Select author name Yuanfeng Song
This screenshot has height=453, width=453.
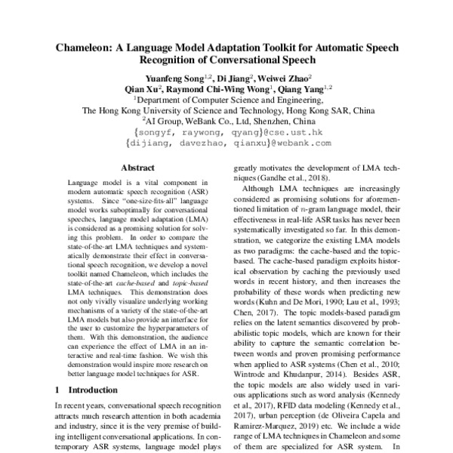(178, 78)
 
